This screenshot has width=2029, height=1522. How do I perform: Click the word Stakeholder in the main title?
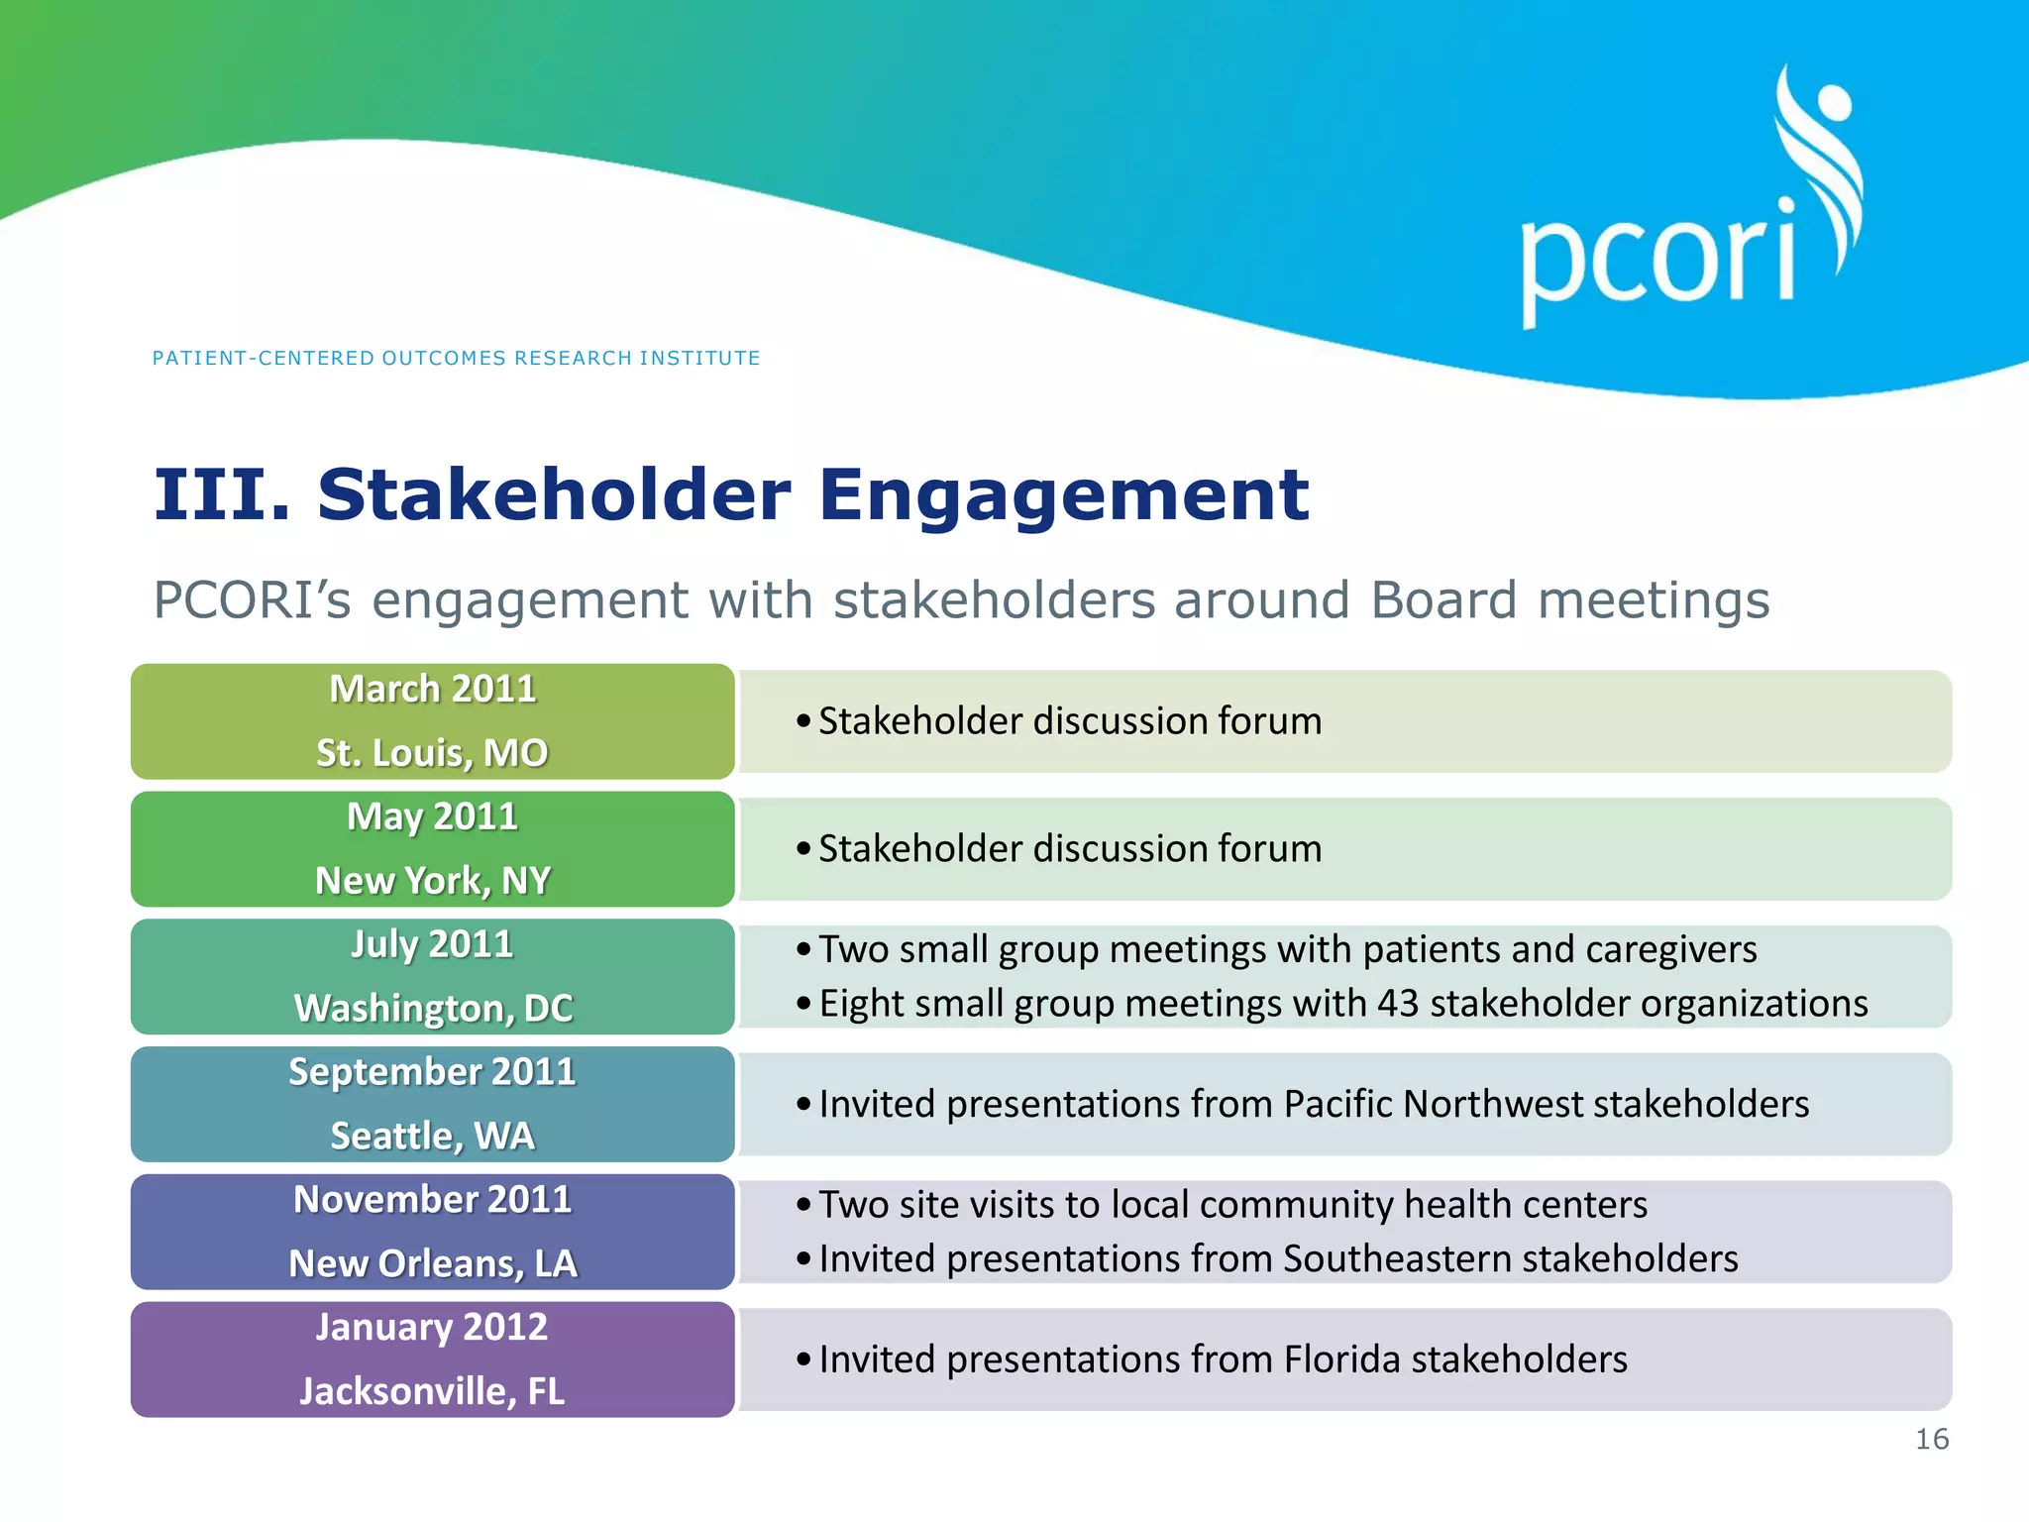click(x=554, y=494)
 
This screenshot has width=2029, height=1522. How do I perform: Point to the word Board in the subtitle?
click(x=1443, y=600)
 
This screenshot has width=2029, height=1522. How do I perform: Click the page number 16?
click(x=1931, y=1439)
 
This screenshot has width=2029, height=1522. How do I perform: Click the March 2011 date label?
click(x=432, y=689)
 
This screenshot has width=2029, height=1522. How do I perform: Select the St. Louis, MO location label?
click(x=432, y=753)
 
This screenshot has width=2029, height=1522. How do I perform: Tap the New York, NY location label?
click(x=432, y=880)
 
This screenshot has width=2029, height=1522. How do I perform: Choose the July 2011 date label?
click(x=432, y=943)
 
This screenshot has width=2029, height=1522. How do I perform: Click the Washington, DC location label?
click(x=433, y=1008)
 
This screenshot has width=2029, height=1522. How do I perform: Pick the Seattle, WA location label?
click(x=432, y=1136)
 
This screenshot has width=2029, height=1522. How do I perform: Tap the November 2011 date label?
click(x=432, y=1199)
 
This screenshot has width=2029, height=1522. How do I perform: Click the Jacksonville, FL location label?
click(x=432, y=1391)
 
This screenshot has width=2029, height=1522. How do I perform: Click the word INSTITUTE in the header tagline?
click(x=699, y=358)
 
